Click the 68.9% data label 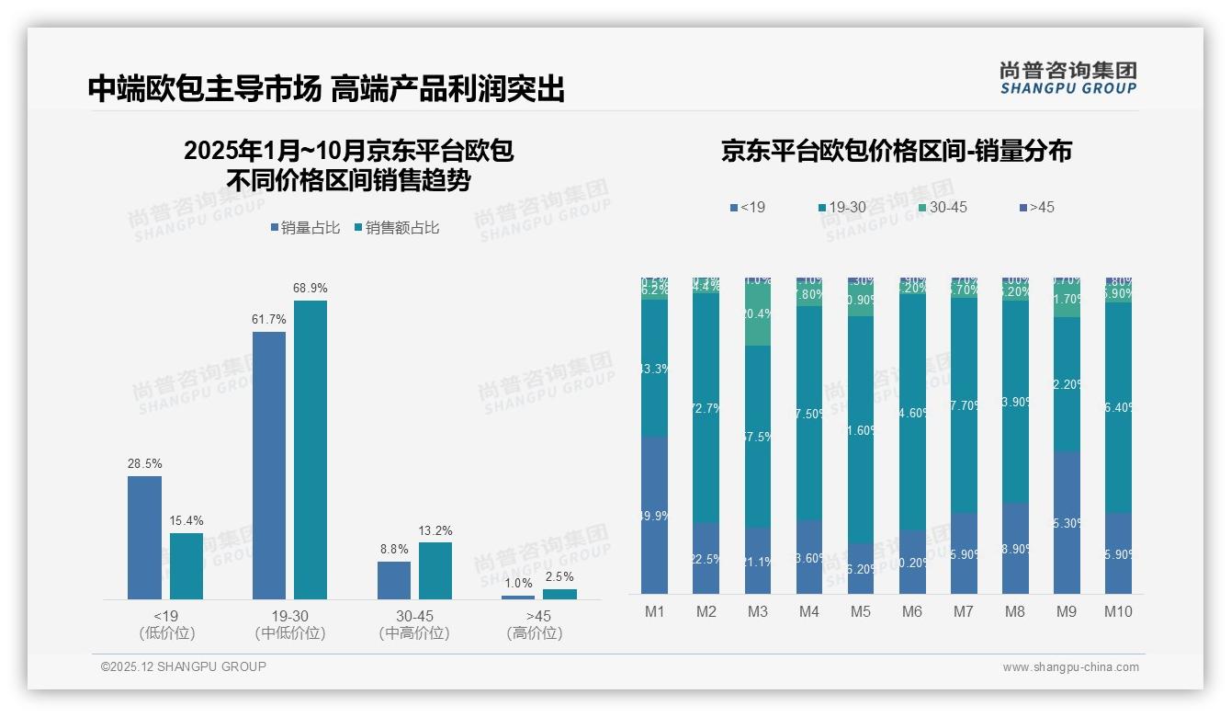311,289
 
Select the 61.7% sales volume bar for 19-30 269,465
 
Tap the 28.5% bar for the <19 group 144,538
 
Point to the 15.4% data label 186,521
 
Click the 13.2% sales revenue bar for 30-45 435,571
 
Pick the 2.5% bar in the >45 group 559,594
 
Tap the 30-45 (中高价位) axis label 413,624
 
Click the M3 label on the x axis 757,611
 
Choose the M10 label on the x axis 1117,611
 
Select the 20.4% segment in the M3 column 757,314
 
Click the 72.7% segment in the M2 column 706,407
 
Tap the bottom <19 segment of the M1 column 654,515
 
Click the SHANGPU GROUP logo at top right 1067,78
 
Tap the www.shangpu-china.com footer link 1070,667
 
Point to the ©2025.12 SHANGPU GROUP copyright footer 184,666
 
